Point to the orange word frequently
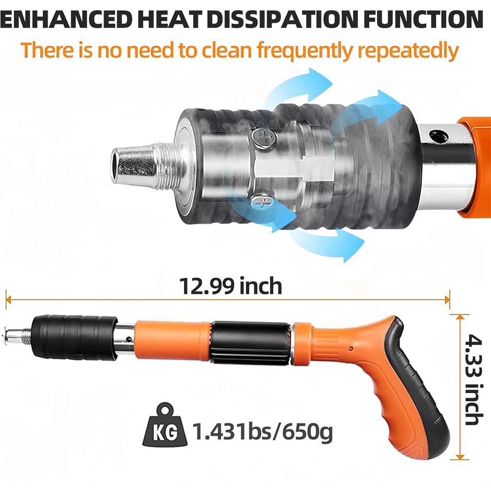305,51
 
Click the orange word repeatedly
408,51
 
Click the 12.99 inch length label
231,286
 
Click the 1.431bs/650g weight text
262,432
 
